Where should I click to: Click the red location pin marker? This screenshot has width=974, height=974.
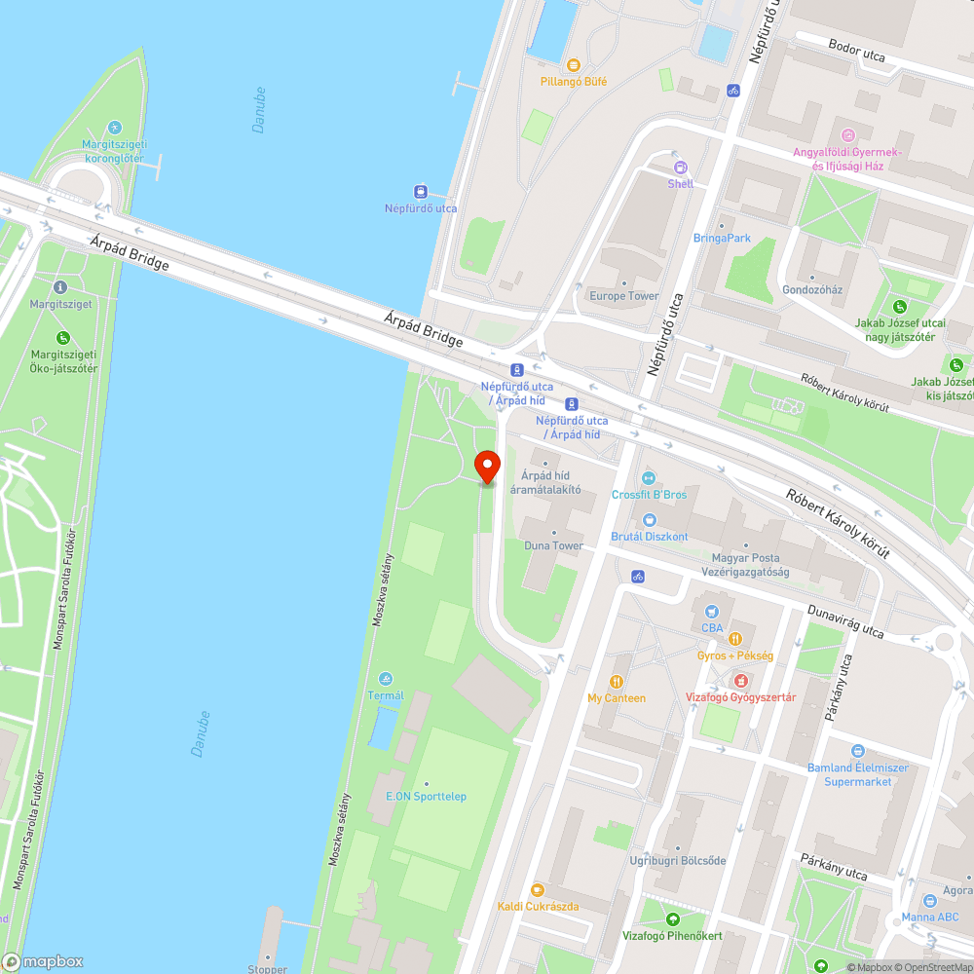click(486, 467)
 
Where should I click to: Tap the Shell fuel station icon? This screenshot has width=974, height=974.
click(680, 167)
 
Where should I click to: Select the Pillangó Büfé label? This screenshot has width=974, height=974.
click(574, 82)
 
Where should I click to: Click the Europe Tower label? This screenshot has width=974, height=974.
click(623, 296)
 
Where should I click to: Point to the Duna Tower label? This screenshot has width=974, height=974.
click(553, 545)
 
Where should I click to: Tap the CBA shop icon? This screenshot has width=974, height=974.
click(713, 611)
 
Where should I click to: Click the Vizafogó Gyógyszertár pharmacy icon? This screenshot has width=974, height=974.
click(741, 680)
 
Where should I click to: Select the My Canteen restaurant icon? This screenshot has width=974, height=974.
click(617, 682)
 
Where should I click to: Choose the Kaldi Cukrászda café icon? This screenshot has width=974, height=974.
click(538, 889)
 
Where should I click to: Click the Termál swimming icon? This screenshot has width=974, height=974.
click(386, 678)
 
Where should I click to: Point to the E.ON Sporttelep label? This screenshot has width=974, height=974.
click(426, 797)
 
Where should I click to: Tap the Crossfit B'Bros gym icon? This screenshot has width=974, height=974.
click(649, 477)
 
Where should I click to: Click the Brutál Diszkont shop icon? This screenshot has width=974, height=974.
click(649, 519)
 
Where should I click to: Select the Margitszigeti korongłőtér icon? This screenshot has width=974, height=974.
click(114, 128)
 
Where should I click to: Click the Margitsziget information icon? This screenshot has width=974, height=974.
click(60, 287)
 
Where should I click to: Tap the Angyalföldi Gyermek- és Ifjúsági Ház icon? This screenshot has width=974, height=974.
click(847, 134)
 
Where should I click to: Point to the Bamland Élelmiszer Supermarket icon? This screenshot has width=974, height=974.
click(857, 751)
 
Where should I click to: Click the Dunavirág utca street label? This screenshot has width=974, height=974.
click(845, 622)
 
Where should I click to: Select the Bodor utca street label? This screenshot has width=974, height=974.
click(856, 51)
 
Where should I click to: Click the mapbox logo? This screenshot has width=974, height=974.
click(43, 961)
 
